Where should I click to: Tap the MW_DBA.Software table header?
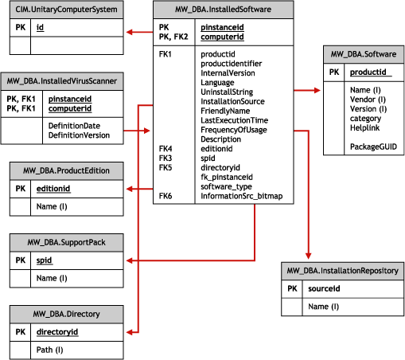tap(363, 54)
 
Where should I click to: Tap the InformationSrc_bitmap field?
tap(241, 196)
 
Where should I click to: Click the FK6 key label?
tap(166, 196)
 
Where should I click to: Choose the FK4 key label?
tap(166, 148)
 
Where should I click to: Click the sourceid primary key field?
tap(324, 289)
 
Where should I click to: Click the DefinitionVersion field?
tap(79, 135)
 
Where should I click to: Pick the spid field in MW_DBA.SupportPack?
tap(45, 260)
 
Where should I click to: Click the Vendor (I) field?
tap(368, 100)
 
